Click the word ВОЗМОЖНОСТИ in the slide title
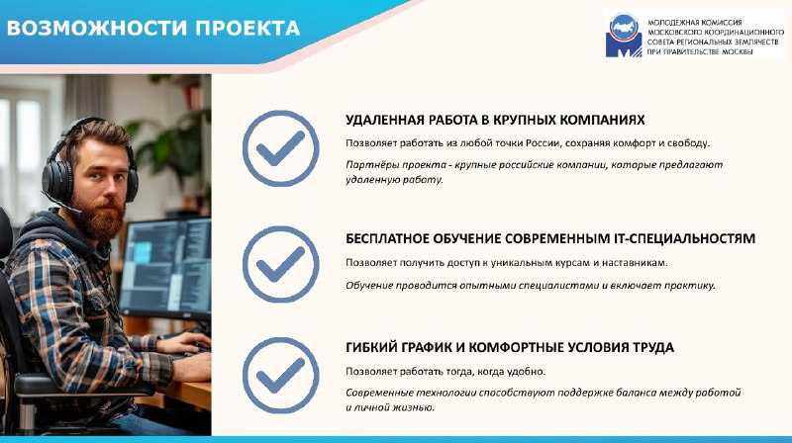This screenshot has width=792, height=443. pos(97,29)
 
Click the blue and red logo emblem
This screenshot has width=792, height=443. pos(624,35)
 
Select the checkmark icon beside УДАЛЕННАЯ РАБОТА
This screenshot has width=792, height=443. pos(281,148)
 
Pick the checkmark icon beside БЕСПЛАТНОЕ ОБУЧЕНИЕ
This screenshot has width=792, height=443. pos(281,264)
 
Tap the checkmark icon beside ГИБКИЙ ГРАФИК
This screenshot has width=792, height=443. pos(281,376)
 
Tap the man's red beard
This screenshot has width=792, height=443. pos(103,217)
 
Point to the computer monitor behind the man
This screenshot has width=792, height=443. pos(165,268)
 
